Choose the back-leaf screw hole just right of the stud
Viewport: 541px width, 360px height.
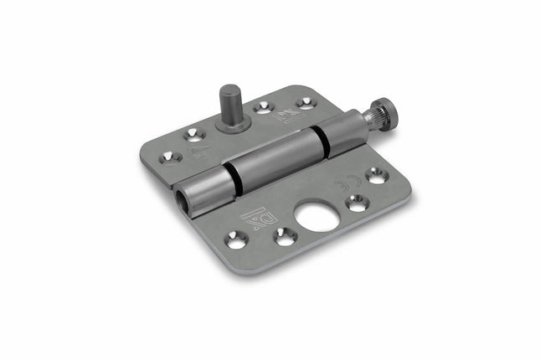(263, 106)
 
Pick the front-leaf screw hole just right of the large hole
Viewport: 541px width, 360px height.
(357, 201)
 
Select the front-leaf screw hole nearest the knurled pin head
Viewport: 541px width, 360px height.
(376, 175)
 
